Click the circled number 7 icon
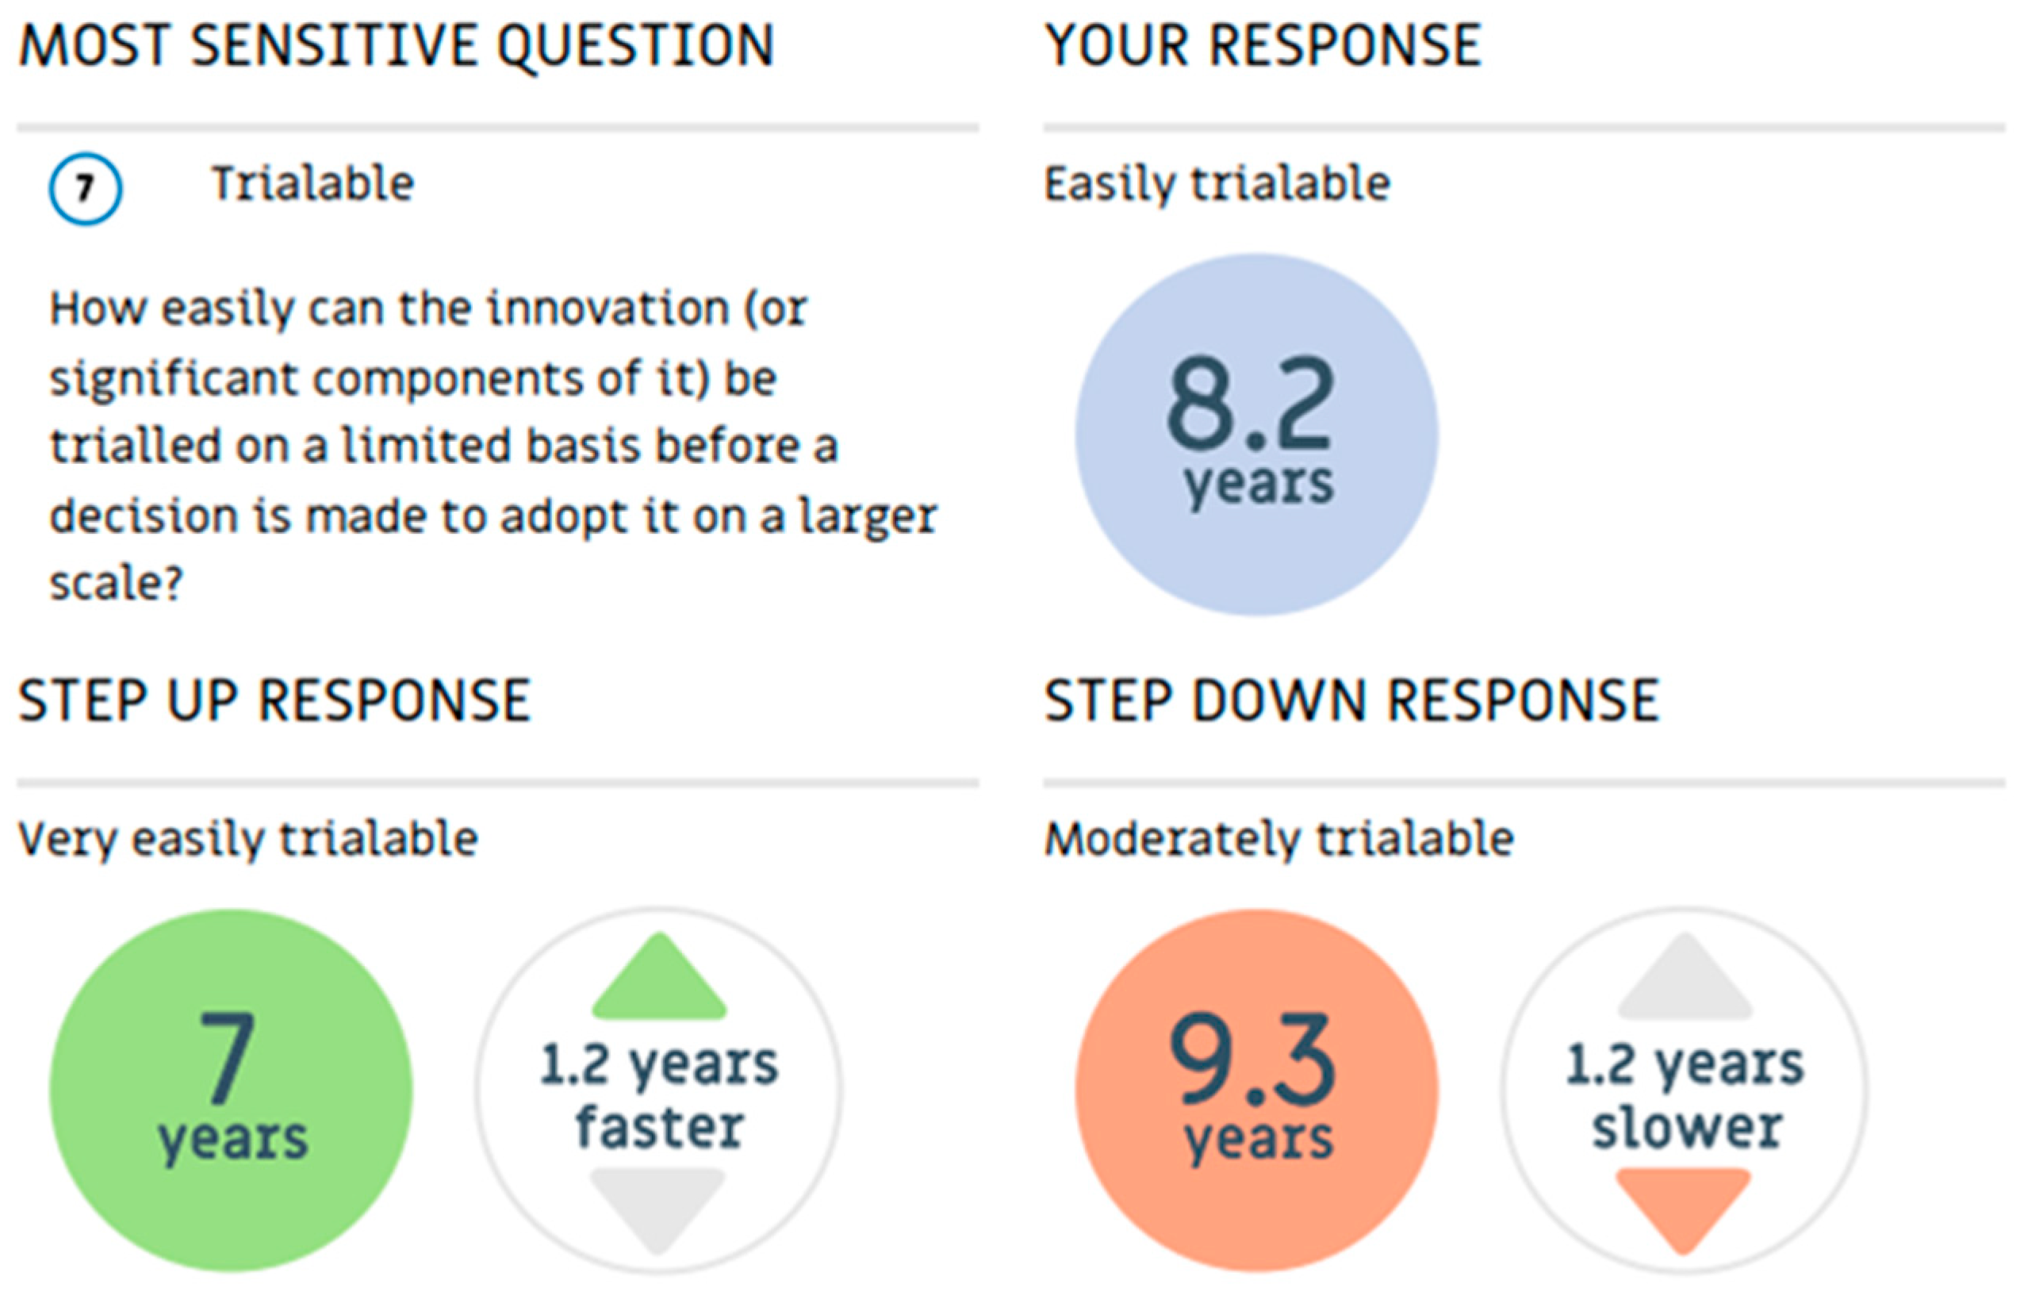pos(85,188)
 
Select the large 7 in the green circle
pos(227,1057)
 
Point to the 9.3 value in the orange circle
pos(1252,1058)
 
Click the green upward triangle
pos(659,978)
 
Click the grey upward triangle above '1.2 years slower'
pos(1685,978)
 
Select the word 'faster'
pos(660,1128)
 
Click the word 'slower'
pos(1687,1128)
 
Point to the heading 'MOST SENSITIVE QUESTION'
pos(397,46)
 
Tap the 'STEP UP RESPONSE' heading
pos(275,701)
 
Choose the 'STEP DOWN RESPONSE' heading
pos(1351,701)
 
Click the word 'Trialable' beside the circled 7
pos(312,183)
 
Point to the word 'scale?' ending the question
pos(117,584)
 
